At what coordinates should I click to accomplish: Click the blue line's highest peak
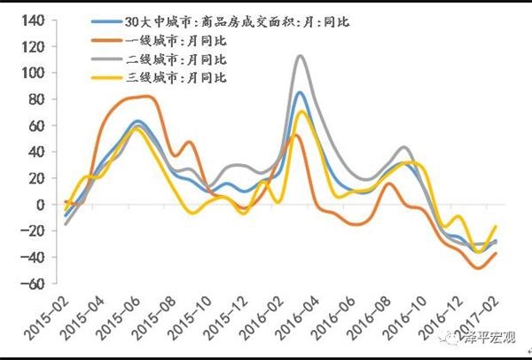300,92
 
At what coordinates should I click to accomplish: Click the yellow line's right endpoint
496,227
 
